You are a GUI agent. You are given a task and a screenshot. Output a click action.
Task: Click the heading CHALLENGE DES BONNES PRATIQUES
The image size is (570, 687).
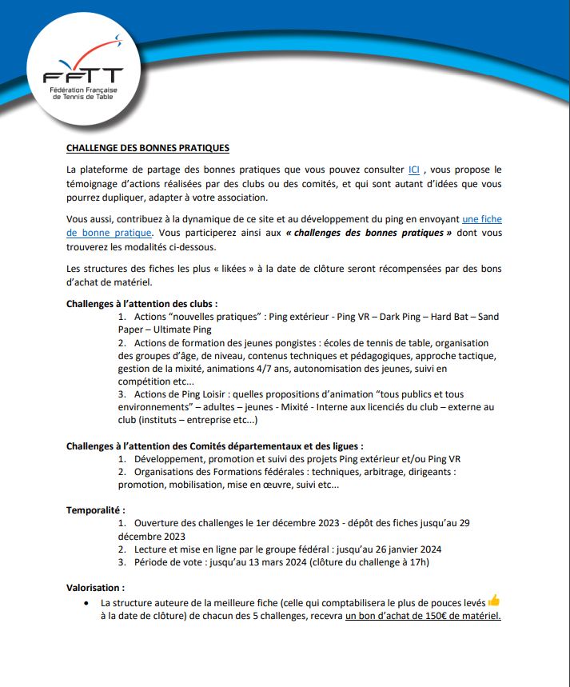click(148, 148)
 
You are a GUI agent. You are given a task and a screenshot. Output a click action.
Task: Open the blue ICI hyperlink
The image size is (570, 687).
click(414, 170)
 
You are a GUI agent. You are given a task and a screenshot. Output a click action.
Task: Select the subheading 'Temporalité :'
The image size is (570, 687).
click(95, 509)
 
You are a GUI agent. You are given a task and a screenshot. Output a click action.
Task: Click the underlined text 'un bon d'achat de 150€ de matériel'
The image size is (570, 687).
click(423, 616)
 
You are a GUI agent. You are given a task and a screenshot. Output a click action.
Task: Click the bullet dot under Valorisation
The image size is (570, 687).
click(86, 602)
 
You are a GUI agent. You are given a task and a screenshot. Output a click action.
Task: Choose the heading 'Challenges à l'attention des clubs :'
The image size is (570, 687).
click(142, 304)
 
